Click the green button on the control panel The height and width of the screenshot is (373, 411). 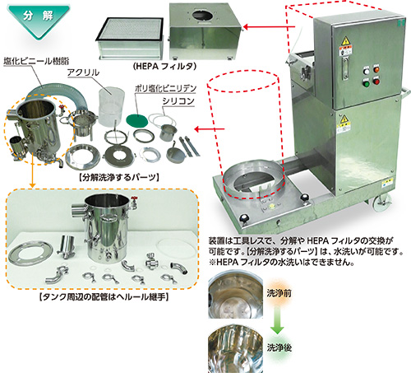coord(366,82)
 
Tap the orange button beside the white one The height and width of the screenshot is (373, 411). coord(376,70)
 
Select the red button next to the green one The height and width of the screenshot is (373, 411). coord(376,82)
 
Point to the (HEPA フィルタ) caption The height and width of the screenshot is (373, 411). coord(164,66)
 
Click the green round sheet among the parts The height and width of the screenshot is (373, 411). coord(137,120)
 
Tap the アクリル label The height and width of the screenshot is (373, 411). coord(83,72)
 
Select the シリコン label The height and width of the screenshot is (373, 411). coord(178,101)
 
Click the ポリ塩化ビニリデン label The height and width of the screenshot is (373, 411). coord(165,88)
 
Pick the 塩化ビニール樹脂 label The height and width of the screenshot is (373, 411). coord(36,61)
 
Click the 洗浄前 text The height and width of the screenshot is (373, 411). coord(279,293)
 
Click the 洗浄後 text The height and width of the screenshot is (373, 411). coord(279,347)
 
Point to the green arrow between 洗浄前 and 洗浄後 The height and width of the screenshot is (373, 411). coord(277,319)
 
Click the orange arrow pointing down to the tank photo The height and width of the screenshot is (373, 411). coord(32,170)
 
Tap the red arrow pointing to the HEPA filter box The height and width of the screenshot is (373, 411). coord(270,27)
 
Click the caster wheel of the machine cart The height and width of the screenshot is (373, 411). coord(381,203)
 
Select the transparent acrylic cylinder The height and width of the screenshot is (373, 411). coord(111,105)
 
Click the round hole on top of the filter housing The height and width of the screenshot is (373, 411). coord(203,16)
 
